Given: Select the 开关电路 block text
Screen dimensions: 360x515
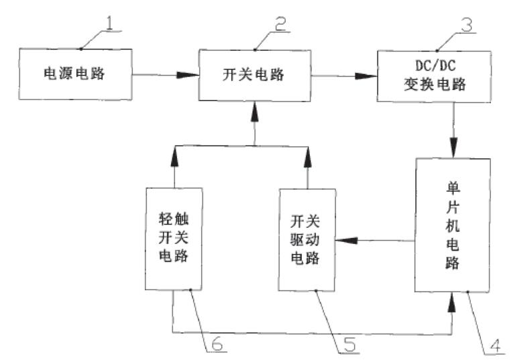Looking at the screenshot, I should tap(253, 74).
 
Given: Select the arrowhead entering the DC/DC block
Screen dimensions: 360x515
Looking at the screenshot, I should tap(367, 76).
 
